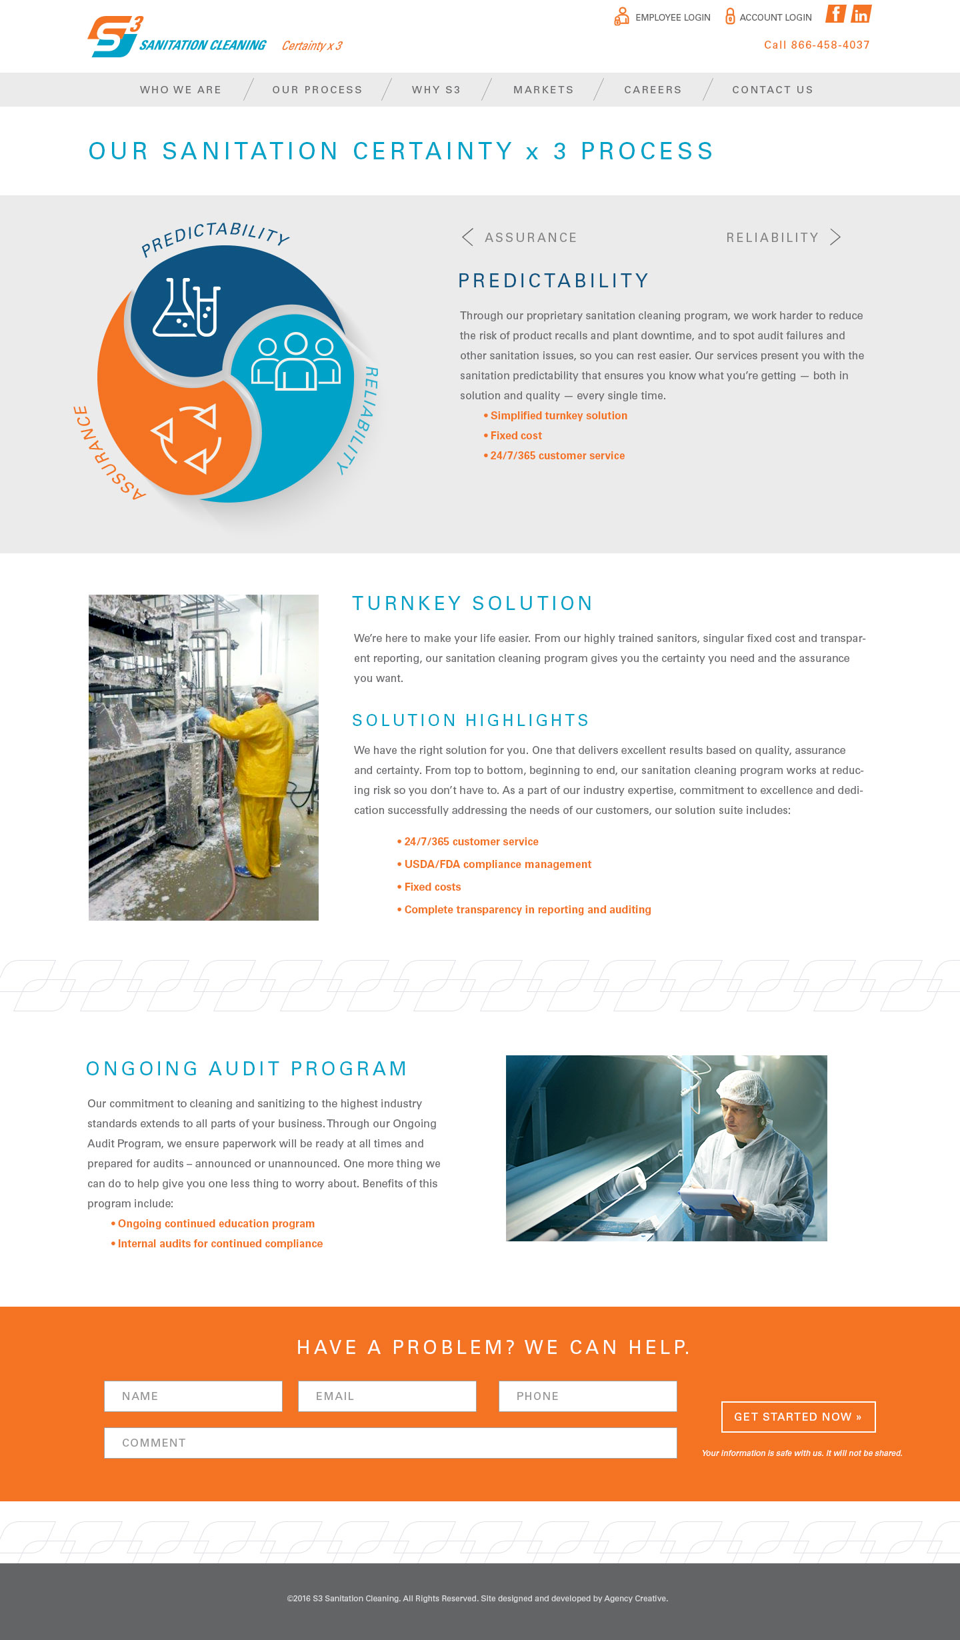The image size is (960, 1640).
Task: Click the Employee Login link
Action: click(x=672, y=17)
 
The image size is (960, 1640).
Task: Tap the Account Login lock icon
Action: click(x=730, y=16)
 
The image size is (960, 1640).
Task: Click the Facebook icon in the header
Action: click(x=836, y=14)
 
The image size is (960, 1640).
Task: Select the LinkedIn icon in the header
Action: click(x=861, y=14)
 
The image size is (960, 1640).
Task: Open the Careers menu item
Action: click(x=653, y=90)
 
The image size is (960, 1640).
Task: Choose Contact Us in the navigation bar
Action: click(x=772, y=90)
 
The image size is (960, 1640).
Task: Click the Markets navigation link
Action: click(x=543, y=90)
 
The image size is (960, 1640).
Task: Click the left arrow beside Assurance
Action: click(x=468, y=237)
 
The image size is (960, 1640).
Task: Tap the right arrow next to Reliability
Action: click(x=835, y=237)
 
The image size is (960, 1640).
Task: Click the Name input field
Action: click(x=193, y=1396)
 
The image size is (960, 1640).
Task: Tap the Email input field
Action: click(x=387, y=1396)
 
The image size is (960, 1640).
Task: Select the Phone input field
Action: click(x=588, y=1396)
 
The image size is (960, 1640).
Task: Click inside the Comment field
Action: click(x=391, y=1443)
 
